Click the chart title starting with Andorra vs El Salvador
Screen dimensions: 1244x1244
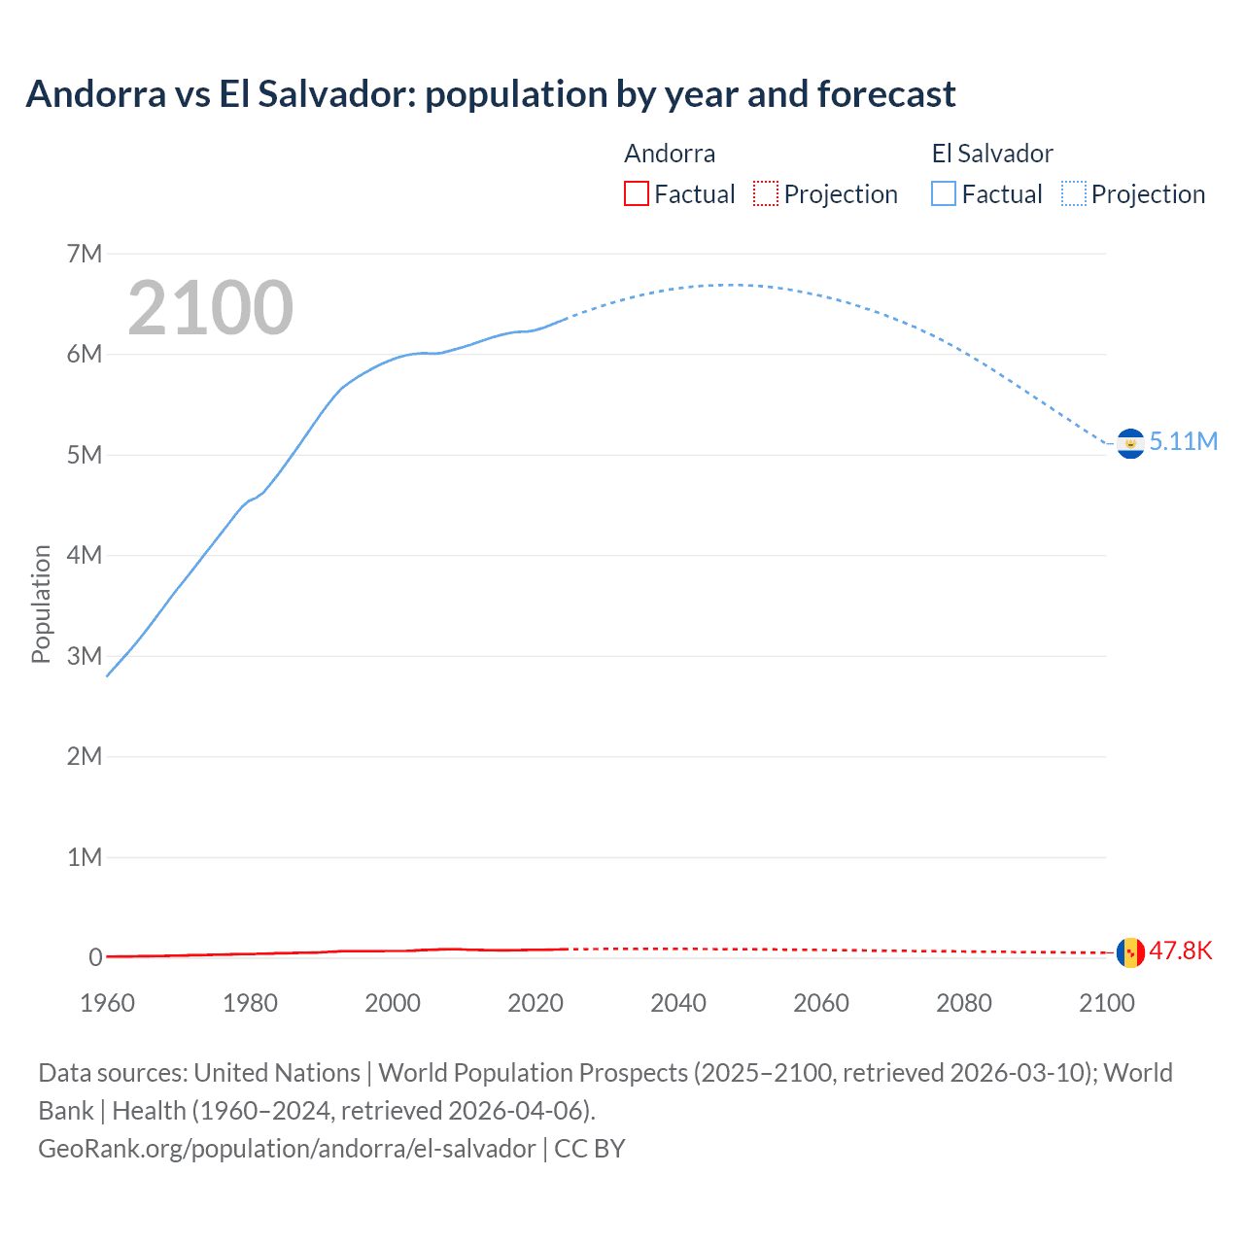[x=491, y=94]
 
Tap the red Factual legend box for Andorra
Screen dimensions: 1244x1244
[x=636, y=193]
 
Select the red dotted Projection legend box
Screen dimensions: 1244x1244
[x=766, y=193]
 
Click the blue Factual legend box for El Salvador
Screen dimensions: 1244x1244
[x=944, y=193]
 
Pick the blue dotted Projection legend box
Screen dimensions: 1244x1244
[x=1074, y=193]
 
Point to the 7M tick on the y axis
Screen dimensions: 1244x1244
[x=85, y=254]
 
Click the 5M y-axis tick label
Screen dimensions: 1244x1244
[x=85, y=455]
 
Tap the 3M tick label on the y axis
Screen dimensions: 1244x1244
[x=85, y=656]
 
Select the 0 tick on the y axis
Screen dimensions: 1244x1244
[x=95, y=957]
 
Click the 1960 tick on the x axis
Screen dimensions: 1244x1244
[x=108, y=1003]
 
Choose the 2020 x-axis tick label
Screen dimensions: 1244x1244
[x=536, y=1003]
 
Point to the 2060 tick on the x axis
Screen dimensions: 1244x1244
[x=821, y=1003]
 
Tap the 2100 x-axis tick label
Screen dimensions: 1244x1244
[x=1106, y=1003]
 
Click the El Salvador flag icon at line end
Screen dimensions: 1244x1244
[x=1130, y=443]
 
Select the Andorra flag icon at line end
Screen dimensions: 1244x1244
[x=1130, y=952]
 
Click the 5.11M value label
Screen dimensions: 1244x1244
[x=1183, y=441]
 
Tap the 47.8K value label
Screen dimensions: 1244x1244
[x=1181, y=950]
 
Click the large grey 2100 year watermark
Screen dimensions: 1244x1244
[x=210, y=308]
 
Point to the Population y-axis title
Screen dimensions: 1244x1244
[x=41, y=604]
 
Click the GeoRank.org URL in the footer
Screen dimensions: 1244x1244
[x=287, y=1149]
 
